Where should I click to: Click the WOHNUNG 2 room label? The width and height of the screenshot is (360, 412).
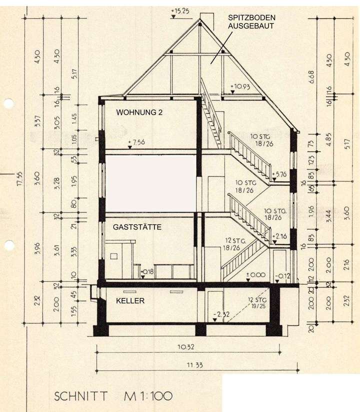(139, 112)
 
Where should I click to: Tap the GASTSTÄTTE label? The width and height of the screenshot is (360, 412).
(136, 227)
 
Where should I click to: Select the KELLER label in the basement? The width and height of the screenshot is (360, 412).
(130, 301)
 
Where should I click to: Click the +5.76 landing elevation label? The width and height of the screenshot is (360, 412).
(280, 174)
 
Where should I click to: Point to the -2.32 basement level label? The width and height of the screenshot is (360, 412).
(220, 314)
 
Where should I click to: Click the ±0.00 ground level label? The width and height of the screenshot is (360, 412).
(255, 274)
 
